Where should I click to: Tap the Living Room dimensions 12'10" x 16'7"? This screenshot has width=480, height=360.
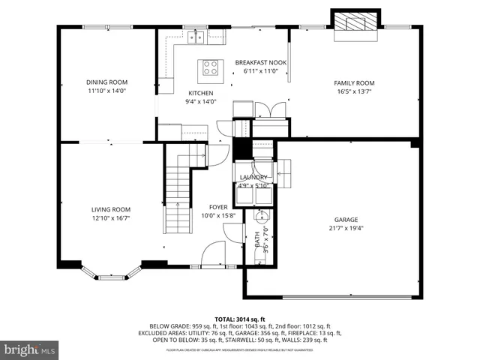111,218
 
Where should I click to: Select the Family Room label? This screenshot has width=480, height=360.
354,82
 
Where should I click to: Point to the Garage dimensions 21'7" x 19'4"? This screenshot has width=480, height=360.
346,229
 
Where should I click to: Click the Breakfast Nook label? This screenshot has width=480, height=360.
260,62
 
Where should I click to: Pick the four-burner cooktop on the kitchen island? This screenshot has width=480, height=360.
211,69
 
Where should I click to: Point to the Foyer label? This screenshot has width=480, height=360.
218,206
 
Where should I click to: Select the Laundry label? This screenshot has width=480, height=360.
253,178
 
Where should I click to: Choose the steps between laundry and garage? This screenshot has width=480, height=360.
283,172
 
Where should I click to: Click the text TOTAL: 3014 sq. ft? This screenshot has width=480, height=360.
239,318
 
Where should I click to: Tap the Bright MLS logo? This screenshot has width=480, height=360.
29,350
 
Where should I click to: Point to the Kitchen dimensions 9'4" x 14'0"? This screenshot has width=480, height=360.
201,102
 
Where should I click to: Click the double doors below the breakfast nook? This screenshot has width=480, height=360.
268,109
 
